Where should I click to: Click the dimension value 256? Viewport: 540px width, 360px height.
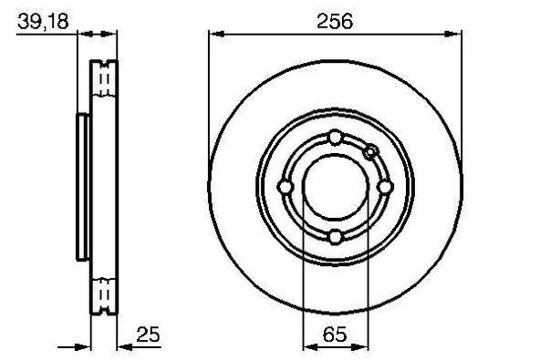tap(335, 21)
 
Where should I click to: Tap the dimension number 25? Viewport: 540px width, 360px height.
tap(148, 334)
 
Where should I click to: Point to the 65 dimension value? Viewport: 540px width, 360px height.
tap(335, 334)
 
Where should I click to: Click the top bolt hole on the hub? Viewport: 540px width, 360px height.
tap(335, 138)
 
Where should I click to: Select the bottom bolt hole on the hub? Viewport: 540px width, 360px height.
tap(335, 238)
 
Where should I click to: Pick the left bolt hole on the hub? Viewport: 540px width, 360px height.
tap(285, 188)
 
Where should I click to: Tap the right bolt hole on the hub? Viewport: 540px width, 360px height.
tap(385, 188)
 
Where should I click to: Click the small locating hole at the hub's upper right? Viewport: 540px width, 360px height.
tap(370, 151)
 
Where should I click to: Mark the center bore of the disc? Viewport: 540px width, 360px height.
tap(335, 188)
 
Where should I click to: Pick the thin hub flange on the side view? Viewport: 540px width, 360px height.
tap(82, 188)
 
